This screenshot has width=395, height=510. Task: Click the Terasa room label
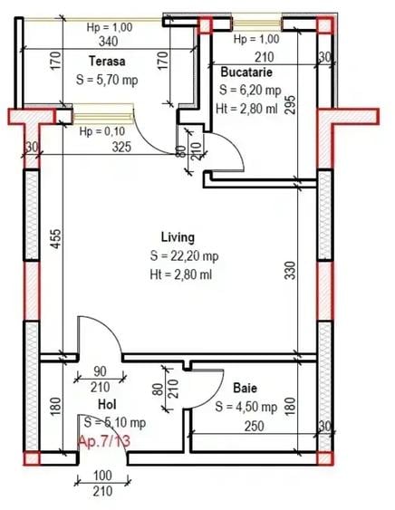coord(107,62)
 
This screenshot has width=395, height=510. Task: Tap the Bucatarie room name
coord(246,72)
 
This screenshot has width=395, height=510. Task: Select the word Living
coord(178,237)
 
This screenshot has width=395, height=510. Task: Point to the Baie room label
coord(245,388)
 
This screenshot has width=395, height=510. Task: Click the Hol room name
coord(107,405)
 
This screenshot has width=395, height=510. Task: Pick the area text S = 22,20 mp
coord(184,256)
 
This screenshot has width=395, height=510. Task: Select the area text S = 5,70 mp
coord(107,80)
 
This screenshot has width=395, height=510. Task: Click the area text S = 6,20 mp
coord(250,90)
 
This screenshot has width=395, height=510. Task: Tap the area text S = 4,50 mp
coord(246,407)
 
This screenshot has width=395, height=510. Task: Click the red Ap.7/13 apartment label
coord(104,441)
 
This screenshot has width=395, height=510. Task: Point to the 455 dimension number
coord(56,239)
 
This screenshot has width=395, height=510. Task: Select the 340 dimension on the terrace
coord(109,42)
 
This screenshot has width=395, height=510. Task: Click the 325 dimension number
coord(121,147)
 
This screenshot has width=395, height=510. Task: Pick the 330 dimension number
coord(290,270)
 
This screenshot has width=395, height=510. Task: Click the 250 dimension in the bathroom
coord(254,426)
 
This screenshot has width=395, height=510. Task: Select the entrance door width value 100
coord(102,476)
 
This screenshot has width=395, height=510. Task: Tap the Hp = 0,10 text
coord(102,131)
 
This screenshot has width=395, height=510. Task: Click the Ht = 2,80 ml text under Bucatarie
coord(246,109)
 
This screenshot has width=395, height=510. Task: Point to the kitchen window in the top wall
coord(256,23)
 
